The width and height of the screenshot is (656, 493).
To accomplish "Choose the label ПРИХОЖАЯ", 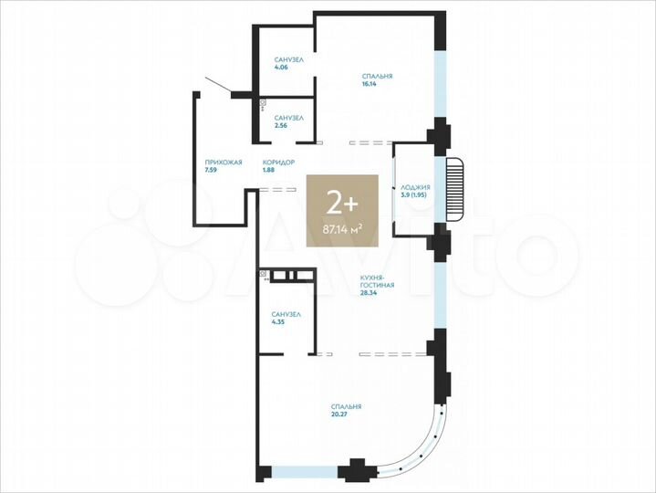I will pyautogui.click(x=223, y=162).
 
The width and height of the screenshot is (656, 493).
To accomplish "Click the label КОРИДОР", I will pyautogui.click(x=277, y=162).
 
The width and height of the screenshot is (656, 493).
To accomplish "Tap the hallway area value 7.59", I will pyautogui.click(x=211, y=170).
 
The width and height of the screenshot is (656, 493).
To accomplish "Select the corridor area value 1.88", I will pyautogui.click(x=268, y=170).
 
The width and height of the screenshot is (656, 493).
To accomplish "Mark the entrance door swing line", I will pyautogui.click(x=219, y=84).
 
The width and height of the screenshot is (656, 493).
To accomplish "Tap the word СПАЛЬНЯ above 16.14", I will pyautogui.click(x=377, y=77).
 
